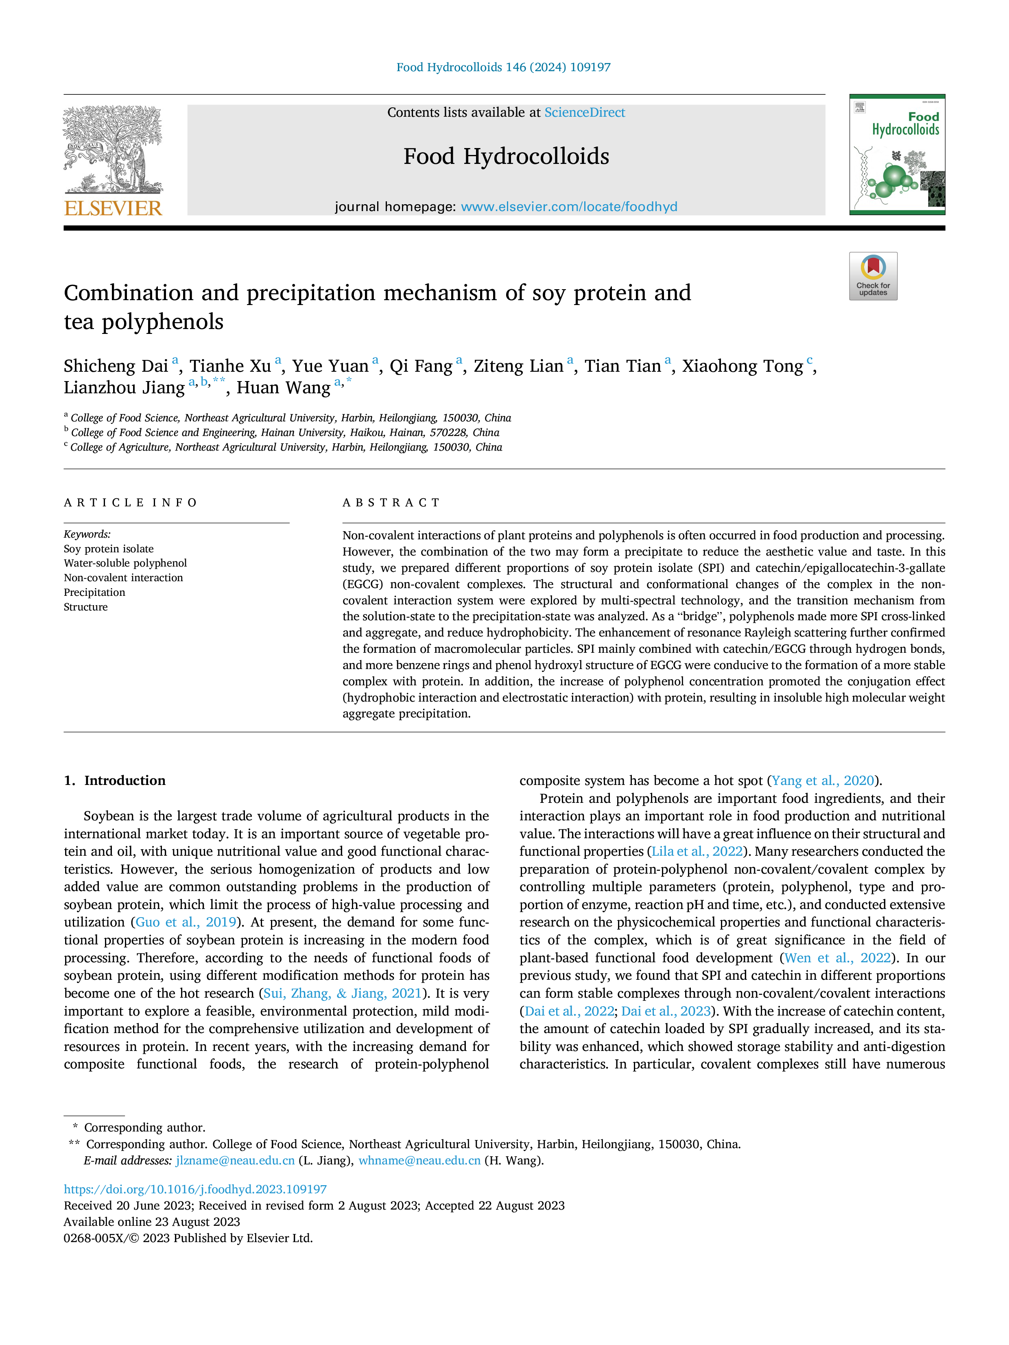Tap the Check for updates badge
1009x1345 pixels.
873,276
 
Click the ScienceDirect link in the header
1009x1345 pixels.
585,113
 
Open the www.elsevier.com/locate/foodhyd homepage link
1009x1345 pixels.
569,207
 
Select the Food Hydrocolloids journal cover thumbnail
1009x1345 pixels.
897,155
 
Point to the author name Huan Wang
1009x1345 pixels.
284,388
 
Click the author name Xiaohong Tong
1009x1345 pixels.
743,366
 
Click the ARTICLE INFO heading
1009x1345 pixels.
131,503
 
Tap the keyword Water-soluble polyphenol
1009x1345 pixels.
125,563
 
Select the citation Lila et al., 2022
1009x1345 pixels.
697,851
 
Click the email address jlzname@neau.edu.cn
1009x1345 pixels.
236,1160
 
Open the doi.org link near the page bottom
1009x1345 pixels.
195,1189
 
